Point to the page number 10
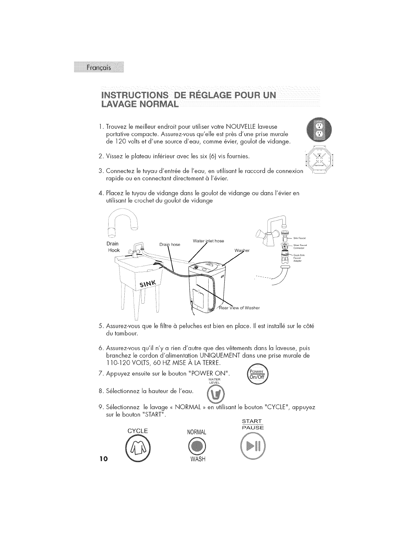tap(104, 458)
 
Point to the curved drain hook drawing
tap(122, 224)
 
